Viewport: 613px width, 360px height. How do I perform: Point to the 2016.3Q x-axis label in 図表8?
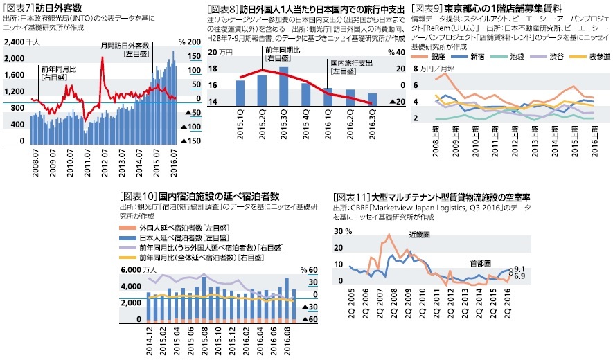[371, 125]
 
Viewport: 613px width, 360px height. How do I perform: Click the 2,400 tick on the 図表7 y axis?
[15, 42]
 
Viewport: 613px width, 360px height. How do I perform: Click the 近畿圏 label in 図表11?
[419, 235]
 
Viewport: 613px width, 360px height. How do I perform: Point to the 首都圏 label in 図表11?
[479, 263]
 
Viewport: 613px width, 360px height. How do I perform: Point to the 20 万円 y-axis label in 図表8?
[224, 53]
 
